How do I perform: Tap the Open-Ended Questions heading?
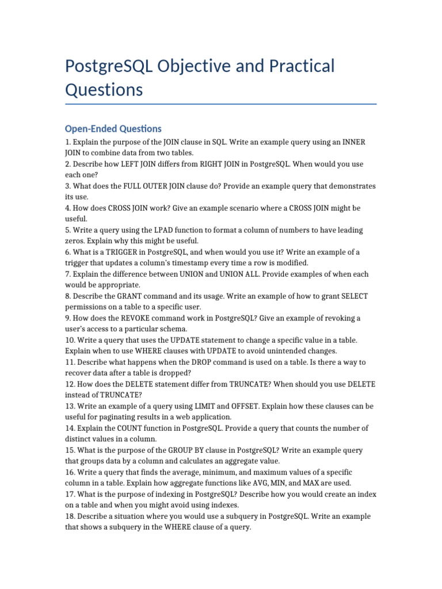click(113, 129)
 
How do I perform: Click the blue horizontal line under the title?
click(221, 104)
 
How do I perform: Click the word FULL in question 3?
click(134, 186)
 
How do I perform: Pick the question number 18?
click(70, 516)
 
